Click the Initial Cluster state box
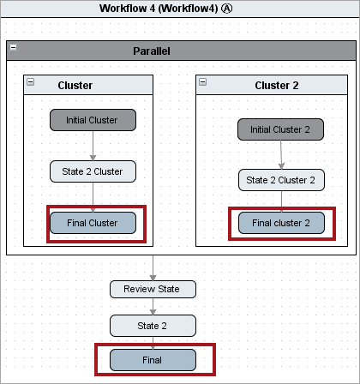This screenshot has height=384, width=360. [93, 120]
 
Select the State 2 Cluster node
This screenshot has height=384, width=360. [93, 171]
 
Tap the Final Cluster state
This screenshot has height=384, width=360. [93, 223]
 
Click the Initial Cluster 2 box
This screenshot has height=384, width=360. [280, 129]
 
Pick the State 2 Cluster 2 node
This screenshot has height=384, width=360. [281, 180]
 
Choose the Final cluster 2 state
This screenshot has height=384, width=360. [281, 223]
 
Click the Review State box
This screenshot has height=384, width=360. [153, 289]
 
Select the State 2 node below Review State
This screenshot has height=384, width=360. [153, 326]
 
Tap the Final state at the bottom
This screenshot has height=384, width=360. [153, 360]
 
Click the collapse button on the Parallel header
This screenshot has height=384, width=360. [13, 47]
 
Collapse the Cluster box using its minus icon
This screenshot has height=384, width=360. [30, 82]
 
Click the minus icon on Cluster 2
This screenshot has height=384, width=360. [202, 82]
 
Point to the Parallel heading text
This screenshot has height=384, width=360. [152, 51]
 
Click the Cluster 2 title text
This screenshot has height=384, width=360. [277, 86]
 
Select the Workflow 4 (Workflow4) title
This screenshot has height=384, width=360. [159, 9]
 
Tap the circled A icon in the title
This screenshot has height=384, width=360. [227, 9]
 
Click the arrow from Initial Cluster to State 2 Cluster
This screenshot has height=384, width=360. [93, 146]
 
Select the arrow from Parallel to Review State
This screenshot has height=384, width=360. [153, 268]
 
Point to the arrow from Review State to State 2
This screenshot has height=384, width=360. [153, 307]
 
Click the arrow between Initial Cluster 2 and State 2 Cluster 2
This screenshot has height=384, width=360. [281, 154]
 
